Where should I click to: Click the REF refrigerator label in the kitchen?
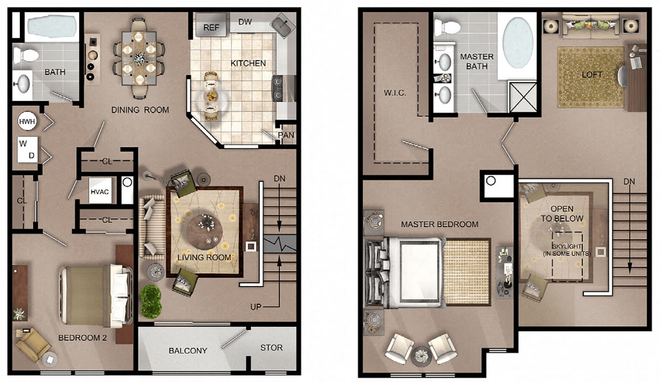click(211, 27)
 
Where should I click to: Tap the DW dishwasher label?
click(245, 22)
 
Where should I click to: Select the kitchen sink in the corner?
click(283, 25)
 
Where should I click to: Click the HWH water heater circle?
click(27, 121)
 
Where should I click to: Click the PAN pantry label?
click(286, 135)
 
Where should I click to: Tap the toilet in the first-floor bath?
click(26, 55)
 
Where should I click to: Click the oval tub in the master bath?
click(518, 43)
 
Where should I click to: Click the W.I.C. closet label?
click(395, 93)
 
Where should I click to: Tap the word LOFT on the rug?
click(592, 75)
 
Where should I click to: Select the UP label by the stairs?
click(256, 307)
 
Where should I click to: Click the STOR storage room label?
click(272, 348)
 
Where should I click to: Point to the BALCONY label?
click(188, 351)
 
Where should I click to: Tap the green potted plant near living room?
click(150, 301)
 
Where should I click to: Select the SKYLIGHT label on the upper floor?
click(567, 246)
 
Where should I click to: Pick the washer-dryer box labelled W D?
click(28, 149)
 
